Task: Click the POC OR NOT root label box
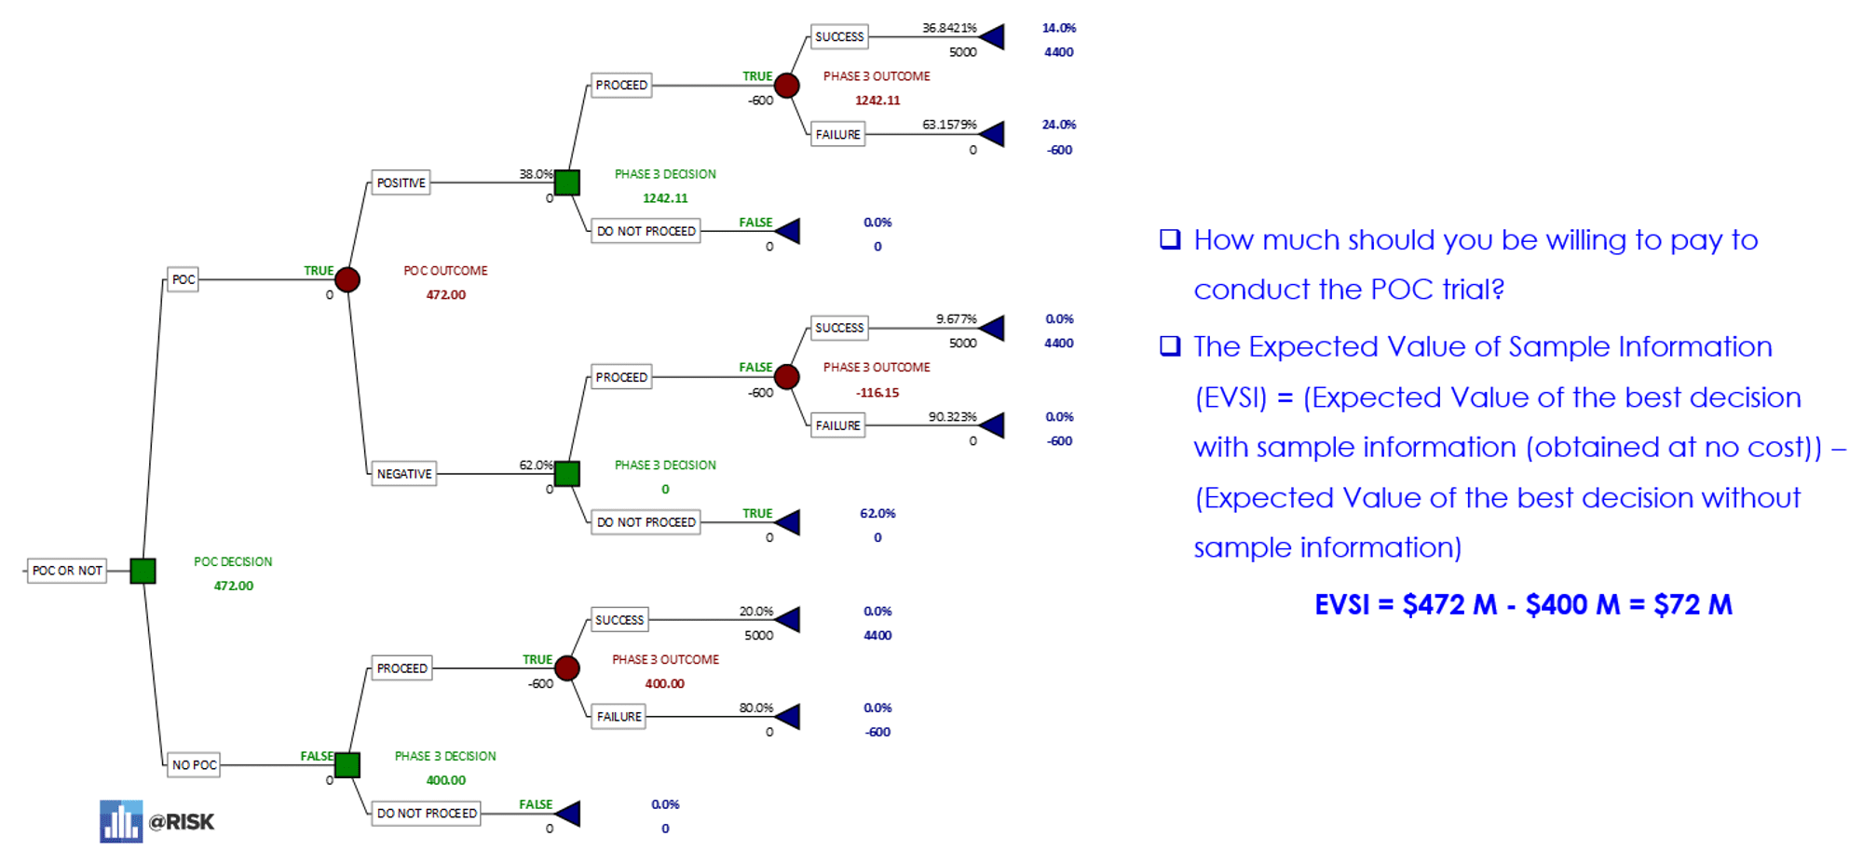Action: pos(67,571)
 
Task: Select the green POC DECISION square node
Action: pos(143,571)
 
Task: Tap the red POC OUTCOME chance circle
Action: pos(347,279)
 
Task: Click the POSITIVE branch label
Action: pos(401,182)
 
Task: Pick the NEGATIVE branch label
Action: pos(404,474)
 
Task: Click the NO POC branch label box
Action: pos(194,765)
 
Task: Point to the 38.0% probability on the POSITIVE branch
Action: pos(536,174)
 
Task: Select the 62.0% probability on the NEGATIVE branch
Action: pos(536,465)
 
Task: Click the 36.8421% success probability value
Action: pos(949,28)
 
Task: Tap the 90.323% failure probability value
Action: pos(952,416)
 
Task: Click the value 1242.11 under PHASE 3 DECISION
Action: pos(665,198)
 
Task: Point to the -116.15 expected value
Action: pos(877,393)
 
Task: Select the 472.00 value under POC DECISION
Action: pos(233,586)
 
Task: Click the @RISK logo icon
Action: pos(121,821)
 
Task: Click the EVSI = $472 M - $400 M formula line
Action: pos(1522,605)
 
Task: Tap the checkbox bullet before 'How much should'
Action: pos(1170,239)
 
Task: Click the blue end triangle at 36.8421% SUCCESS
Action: pos(993,37)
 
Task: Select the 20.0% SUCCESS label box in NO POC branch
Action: pos(619,620)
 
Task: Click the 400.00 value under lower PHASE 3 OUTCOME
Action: pos(664,683)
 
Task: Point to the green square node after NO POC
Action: pos(347,765)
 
